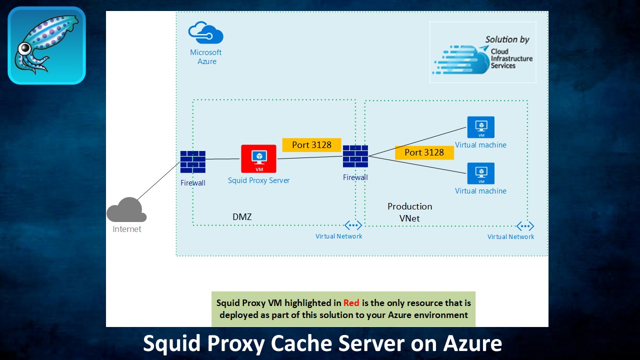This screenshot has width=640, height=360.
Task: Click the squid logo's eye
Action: tap(23, 48)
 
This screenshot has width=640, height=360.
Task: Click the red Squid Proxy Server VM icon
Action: tap(258, 159)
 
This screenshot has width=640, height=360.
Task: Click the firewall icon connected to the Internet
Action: tap(193, 162)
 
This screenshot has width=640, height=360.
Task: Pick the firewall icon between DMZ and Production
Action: tap(355, 156)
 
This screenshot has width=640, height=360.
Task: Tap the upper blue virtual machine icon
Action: tap(480, 127)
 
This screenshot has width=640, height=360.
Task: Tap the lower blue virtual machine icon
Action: tap(480, 173)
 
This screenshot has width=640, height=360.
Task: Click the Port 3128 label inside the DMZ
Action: tap(311, 145)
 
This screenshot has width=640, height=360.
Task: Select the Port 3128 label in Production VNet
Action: tap(424, 152)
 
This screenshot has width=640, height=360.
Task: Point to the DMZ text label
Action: tap(242, 217)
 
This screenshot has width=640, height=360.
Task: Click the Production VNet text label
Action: tap(409, 212)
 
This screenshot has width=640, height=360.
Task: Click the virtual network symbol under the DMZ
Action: tap(353, 225)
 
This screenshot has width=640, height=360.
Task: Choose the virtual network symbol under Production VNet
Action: tap(525, 226)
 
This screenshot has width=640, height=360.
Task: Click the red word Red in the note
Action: tap(351, 302)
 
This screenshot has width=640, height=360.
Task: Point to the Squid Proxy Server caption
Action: tap(258, 180)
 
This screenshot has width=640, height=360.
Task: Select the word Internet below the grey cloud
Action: tap(127, 229)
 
